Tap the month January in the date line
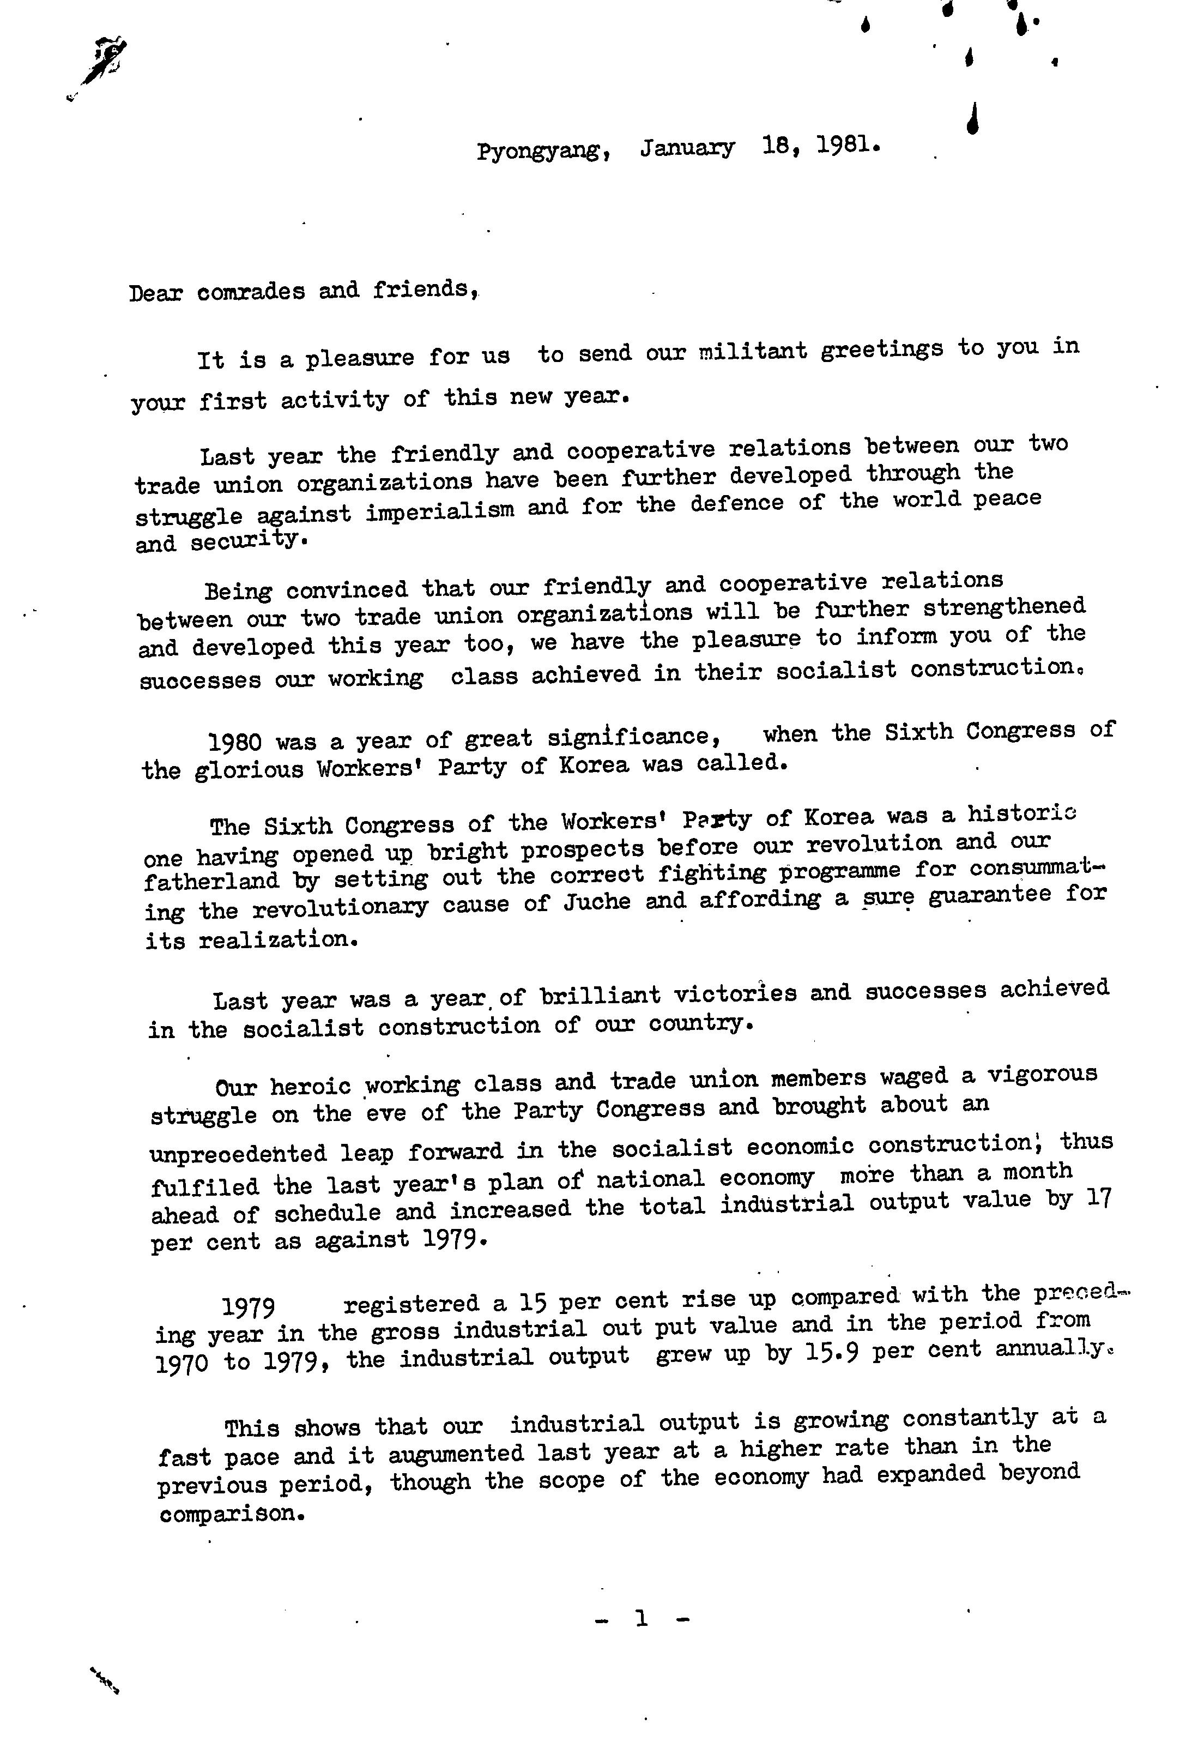click(687, 148)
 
